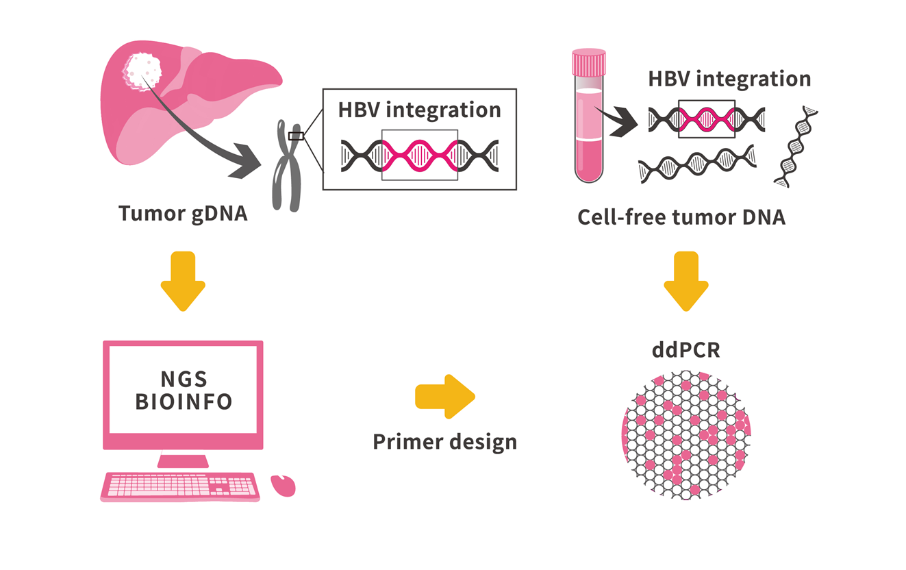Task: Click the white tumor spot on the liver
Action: (142, 72)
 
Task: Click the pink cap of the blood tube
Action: (588, 62)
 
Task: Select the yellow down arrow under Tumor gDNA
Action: (184, 281)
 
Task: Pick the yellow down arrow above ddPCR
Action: (686, 281)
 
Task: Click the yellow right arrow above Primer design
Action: (445, 397)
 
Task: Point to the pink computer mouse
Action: (283, 486)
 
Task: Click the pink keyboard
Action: (180, 487)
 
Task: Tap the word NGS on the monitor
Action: (184, 379)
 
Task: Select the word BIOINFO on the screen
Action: (184, 401)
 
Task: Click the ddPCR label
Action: (686, 350)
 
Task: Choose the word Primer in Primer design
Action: (406, 442)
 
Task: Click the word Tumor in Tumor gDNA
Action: (151, 213)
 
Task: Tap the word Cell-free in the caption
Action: (621, 217)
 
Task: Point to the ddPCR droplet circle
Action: (686, 435)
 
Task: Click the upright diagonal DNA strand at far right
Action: (796, 147)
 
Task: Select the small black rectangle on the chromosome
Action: (296, 136)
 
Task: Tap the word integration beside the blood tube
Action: (753, 79)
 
